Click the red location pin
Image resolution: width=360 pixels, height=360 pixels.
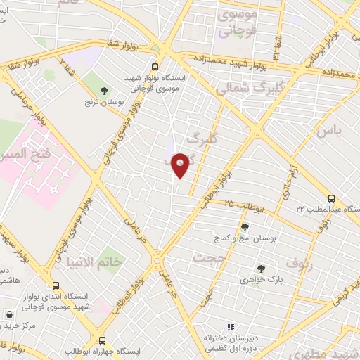[181, 165]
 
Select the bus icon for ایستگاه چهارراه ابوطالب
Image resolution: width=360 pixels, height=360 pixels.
[103, 340]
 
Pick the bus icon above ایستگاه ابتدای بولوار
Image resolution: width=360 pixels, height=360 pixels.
[56, 285]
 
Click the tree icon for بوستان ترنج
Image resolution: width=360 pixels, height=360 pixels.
[105, 91]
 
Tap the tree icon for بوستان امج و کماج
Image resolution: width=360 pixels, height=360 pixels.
[245, 227]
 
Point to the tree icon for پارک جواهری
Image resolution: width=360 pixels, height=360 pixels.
[261, 268]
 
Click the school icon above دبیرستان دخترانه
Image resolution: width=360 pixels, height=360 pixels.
[229, 327]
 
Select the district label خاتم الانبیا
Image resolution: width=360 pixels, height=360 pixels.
[112, 260]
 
